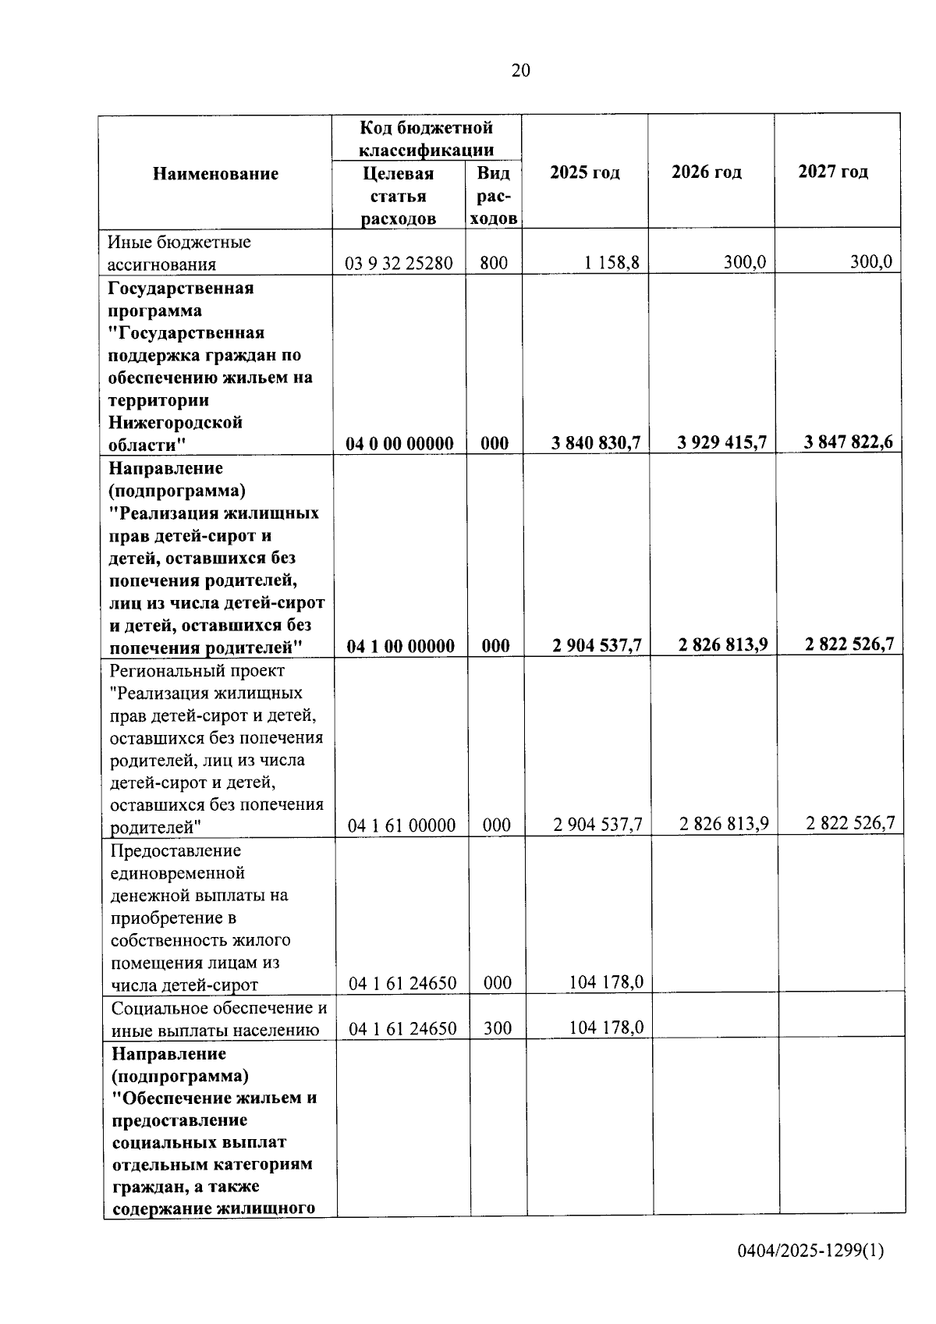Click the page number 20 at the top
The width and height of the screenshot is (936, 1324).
coord(520,71)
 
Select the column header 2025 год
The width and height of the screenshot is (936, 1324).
coord(584,172)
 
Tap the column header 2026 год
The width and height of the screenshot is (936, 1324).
coord(706,172)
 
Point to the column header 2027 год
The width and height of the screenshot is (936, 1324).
coord(832,172)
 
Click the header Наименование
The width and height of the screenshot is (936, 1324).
coord(215,173)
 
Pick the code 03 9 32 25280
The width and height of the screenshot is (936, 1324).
coord(399,264)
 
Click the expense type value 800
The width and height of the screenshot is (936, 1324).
coord(494,264)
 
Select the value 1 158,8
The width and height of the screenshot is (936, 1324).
coord(612,263)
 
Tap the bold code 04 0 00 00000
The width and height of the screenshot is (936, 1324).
coord(399,444)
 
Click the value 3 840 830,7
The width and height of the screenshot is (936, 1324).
coord(595,443)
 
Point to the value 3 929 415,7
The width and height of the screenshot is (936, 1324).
coord(722,443)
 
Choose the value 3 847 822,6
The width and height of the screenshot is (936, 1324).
coord(849,442)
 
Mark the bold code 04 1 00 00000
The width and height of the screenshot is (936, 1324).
coord(400,646)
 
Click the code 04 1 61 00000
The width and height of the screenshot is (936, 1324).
coord(401,825)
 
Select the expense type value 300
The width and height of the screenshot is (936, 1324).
coord(498,1028)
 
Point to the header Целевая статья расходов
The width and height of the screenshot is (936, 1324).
coord(398,196)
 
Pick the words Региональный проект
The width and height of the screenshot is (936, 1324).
coord(197,671)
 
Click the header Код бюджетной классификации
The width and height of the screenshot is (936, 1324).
coord(426,139)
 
